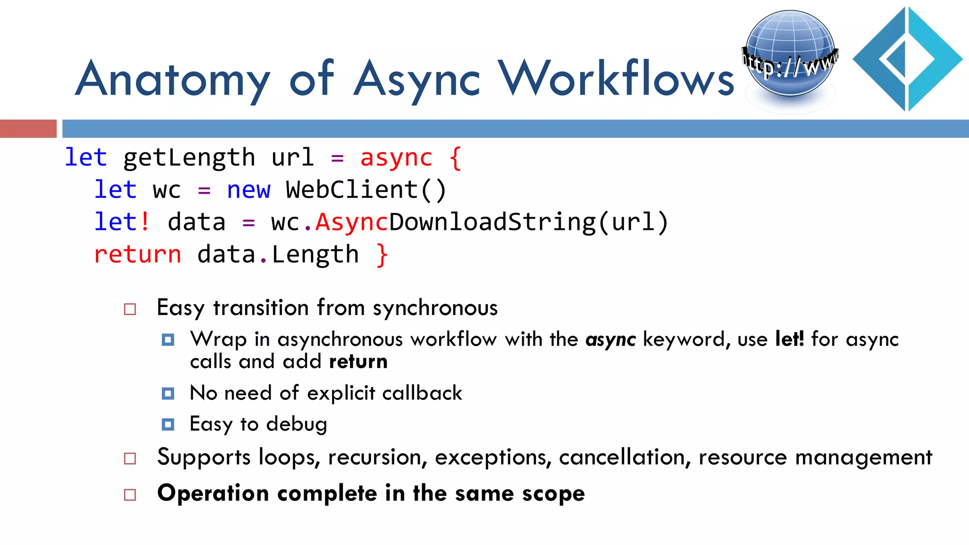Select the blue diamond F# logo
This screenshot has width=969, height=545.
pyautogui.click(x=907, y=59)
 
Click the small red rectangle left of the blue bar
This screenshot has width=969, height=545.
pyautogui.click(x=28, y=129)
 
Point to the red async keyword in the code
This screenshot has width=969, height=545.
pyautogui.click(x=396, y=158)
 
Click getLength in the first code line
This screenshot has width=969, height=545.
pyautogui.click(x=189, y=158)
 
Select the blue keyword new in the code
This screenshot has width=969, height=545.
pyautogui.click(x=248, y=190)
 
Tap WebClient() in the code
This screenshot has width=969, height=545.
pyautogui.click(x=366, y=190)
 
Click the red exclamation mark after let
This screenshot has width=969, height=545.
pyautogui.click(x=145, y=222)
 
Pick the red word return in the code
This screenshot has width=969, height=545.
pyautogui.click(x=138, y=255)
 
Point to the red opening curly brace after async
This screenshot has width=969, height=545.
pyautogui.click(x=455, y=158)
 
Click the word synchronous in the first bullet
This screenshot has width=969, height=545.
pyautogui.click(x=435, y=308)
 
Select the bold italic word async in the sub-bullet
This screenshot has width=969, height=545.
pyautogui.click(x=610, y=340)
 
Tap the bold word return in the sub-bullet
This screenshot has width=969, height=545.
pyautogui.click(x=358, y=361)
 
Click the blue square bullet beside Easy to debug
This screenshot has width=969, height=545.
pyautogui.click(x=168, y=424)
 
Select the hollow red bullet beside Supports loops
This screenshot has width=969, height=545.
pyautogui.click(x=130, y=458)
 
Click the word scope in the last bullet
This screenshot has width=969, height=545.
pyautogui.click(x=553, y=494)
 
